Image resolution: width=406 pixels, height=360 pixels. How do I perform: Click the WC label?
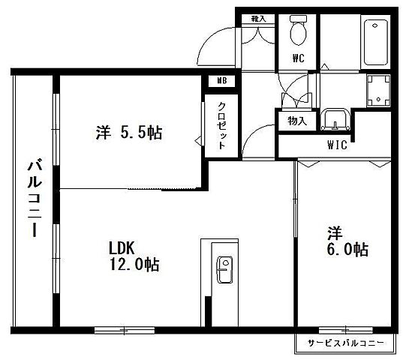[x=299, y=56]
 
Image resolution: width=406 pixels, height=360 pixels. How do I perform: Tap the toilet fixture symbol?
[x=299, y=31]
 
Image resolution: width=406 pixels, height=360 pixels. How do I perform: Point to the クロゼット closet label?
[x=221, y=126]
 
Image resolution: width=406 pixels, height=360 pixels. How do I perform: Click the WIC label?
[x=337, y=145]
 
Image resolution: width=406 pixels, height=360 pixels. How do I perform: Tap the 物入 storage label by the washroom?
[x=296, y=121]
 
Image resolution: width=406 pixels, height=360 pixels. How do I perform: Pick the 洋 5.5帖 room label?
[x=128, y=133]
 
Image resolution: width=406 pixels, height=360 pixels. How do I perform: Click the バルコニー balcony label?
[x=34, y=198]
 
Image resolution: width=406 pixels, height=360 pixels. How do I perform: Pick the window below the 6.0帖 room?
[x=344, y=328]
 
